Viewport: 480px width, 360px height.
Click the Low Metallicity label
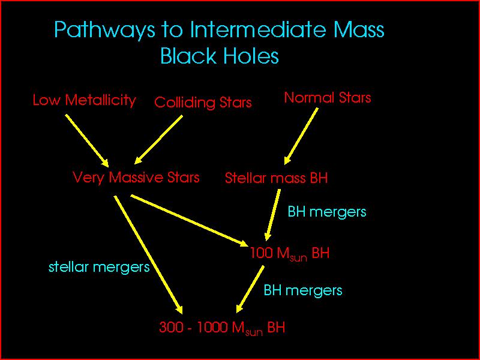(x=84, y=100)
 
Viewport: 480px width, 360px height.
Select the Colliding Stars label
(x=203, y=103)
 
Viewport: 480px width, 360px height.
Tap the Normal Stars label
(x=327, y=98)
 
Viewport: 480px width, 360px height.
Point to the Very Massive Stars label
(x=136, y=178)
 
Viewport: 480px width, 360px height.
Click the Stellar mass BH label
(x=276, y=178)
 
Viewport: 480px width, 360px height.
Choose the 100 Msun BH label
(x=290, y=253)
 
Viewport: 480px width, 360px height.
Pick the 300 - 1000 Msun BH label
(x=221, y=328)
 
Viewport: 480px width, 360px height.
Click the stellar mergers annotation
(x=99, y=267)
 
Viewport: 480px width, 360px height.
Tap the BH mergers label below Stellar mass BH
(x=327, y=212)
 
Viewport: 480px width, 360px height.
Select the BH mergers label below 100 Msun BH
(x=303, y=291)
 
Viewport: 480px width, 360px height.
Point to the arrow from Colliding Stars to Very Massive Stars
(x=158, y=139)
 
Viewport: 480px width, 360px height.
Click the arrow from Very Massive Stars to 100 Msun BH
(x=190, y=220)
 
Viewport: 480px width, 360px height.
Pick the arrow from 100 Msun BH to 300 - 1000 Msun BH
(x=251, y=286)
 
